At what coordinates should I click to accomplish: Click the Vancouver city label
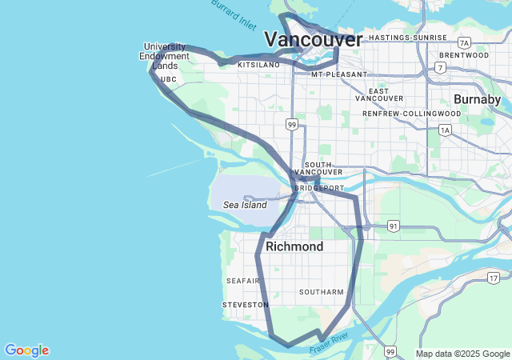pos(313,39)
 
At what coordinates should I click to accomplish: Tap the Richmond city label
pos(294,246)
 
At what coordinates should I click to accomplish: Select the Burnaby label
pos(477,99)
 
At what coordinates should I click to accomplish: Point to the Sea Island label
pos(245,205)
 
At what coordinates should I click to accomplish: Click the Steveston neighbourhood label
pos(246,305)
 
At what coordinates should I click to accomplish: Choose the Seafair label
pos(242,281)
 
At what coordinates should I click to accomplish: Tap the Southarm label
pos(321,292)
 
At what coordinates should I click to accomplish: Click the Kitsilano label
pos(258,64)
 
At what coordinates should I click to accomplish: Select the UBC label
pos(168,80)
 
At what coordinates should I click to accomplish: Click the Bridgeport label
pos(318,188)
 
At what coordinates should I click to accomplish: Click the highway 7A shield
pos(464,42)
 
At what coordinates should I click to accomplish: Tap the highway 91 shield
pos(393,226)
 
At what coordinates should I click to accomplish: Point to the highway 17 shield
pos(494,278)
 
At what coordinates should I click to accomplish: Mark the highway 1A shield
pos(445,130)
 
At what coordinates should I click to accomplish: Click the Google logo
pos(26,350)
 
